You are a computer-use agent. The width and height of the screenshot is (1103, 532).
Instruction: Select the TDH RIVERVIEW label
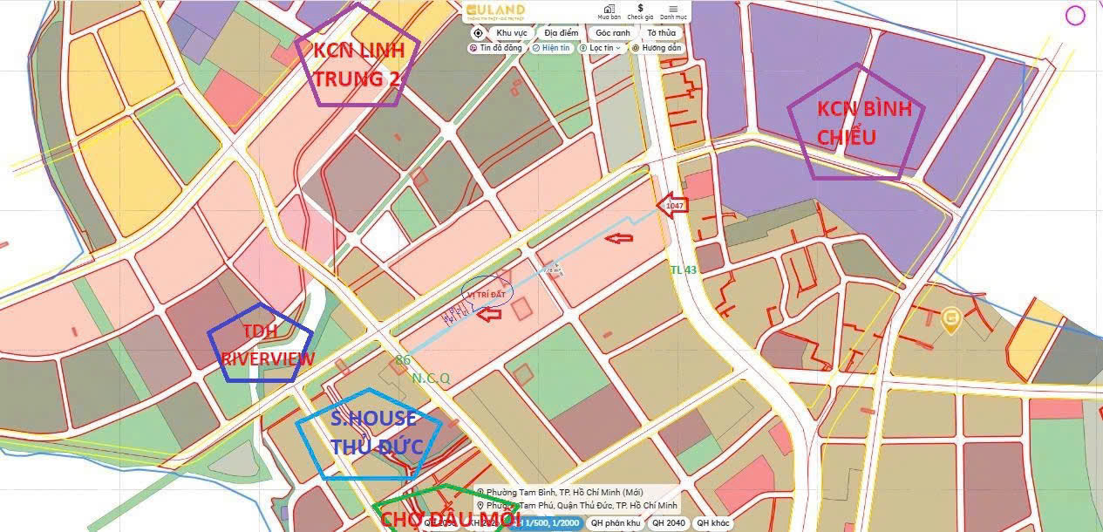click(262, 345)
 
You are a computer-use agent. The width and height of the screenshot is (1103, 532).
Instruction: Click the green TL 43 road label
click(684, 270)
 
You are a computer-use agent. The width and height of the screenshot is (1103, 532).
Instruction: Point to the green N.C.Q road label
click(431, 378)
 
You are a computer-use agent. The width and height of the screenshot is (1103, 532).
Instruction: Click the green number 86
click(403, 359)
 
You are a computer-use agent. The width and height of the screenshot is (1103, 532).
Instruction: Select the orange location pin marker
click(950, 319)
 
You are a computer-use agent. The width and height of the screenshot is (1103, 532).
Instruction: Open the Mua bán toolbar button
click(609, 11)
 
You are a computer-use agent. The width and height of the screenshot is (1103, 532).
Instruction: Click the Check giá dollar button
click(640, 11)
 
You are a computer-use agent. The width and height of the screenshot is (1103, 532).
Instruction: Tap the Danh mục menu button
click(673, 11)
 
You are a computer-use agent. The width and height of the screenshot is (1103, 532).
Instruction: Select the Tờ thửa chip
click(661, 33)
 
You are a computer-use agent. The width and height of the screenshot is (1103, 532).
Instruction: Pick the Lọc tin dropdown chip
click(602, 48)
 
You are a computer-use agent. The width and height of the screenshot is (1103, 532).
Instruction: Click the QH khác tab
click(712, 523)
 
